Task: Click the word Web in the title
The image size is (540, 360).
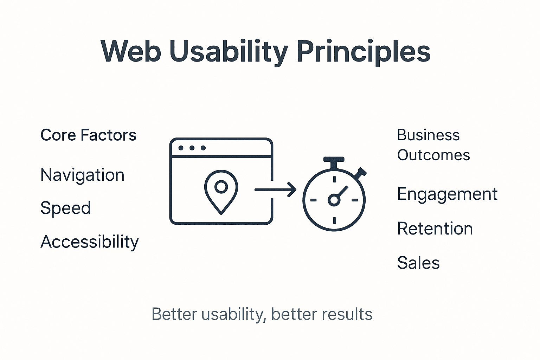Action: (131, 51)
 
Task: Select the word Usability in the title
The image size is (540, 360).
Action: (229, 52)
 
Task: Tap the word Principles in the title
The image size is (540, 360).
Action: (364, 52)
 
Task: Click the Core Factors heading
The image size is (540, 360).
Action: (88, 135)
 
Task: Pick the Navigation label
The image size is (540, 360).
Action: (82, 175)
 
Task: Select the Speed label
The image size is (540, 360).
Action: (65, 208)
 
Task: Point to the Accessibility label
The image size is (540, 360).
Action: (90, 242)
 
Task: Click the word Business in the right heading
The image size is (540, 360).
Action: (428, 135)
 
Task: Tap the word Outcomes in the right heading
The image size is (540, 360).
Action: (433, 155)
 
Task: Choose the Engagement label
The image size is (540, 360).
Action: (447, 194)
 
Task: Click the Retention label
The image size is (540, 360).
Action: (435, 229)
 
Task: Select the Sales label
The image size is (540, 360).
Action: (418, 263)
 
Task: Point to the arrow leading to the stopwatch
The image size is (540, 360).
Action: (276, 190)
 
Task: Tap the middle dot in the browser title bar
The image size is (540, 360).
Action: (192, 148)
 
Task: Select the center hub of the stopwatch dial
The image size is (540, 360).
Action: (334, 200)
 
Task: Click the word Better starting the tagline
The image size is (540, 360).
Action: (174, 314)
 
